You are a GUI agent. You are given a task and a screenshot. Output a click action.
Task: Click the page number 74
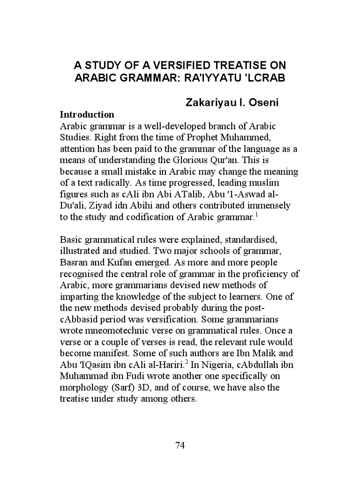pos(180,445)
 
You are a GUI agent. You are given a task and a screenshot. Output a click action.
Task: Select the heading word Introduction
pos(87,114)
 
